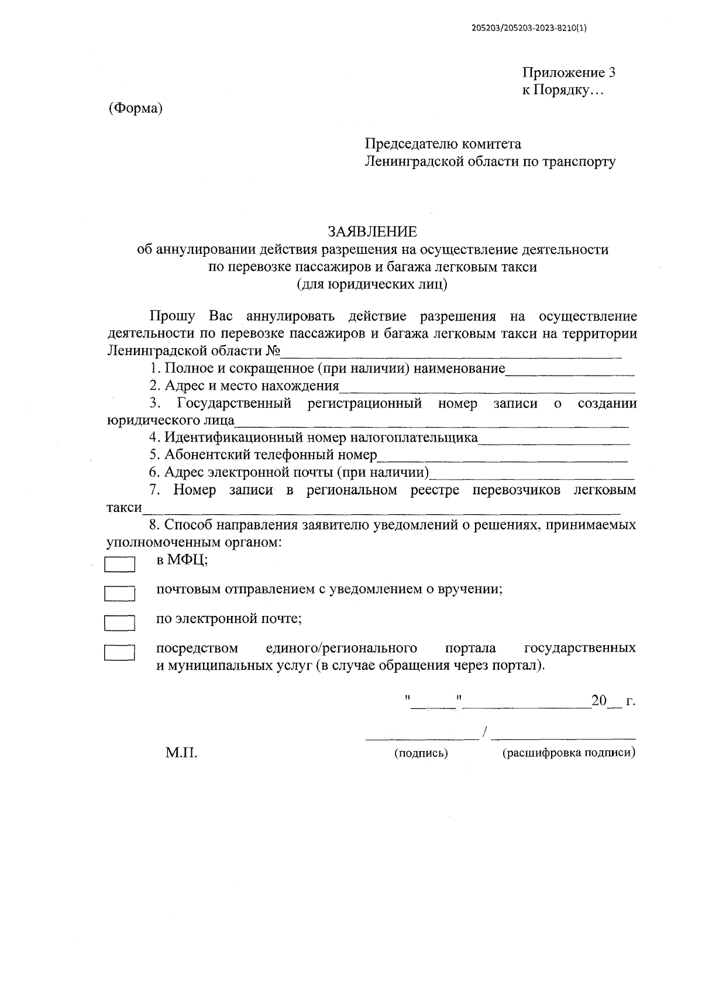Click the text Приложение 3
[568, 73]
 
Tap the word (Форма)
[135, 108]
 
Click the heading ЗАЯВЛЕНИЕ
[372, 232]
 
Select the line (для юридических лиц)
[372, 284]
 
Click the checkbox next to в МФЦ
[119, 564]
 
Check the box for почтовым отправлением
[119, 594]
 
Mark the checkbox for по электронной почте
[119, 623]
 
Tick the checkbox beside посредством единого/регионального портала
[119, 652]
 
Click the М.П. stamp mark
[181, 753]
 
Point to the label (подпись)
[421, 753]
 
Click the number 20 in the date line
[599, 701]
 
